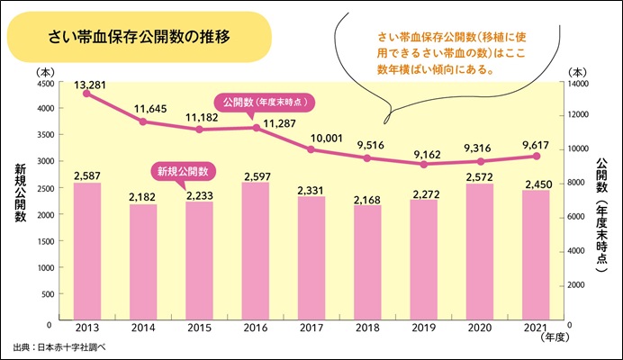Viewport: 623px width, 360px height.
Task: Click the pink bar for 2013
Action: (86, 252)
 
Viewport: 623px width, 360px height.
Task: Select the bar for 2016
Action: (256, 252)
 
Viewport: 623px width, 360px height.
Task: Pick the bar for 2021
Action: (537, 256)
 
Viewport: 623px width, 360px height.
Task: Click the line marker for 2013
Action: (86, 93)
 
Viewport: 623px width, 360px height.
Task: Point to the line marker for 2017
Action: (311, 148)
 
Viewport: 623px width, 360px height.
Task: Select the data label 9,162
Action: (424, 152)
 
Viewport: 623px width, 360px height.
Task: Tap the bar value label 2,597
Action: (256, 174)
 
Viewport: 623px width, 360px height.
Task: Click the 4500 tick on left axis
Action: (42, 82)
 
